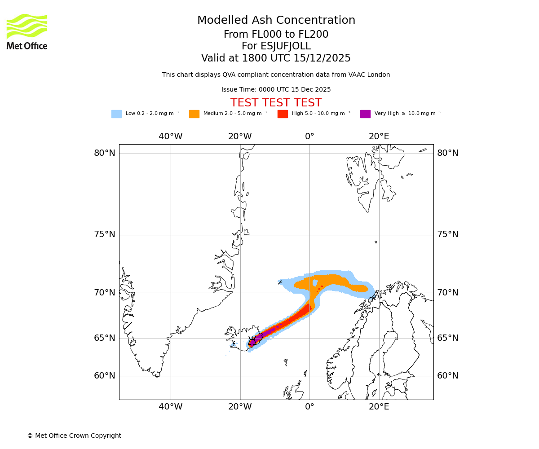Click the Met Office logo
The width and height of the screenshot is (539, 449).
tap(27, 31)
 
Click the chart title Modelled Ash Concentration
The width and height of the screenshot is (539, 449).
tap(276, 20)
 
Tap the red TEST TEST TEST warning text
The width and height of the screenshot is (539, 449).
tap(276, 103)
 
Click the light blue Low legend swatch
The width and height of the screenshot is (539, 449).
tap(116, 114)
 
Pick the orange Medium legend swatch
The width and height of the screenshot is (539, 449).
tap(194, 114)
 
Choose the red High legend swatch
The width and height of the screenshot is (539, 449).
tap(283, 114)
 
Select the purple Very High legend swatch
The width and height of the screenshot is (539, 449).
tap(365, 114)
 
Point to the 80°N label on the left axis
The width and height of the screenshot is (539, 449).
tap(104, 153)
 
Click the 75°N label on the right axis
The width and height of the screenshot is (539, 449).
tap(448, 234)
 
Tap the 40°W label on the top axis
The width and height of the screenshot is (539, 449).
tap(171, 136)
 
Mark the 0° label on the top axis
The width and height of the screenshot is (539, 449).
tap(309, 136)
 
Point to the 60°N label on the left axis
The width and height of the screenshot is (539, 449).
tap(104, 376)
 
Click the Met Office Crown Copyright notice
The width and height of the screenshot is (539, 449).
tap(74, 436)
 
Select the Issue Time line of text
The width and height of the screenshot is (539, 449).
tap(276, 89)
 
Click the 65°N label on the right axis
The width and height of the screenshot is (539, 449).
tap(448, 338)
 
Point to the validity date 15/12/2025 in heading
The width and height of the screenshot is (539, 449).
tap(322, 58)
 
